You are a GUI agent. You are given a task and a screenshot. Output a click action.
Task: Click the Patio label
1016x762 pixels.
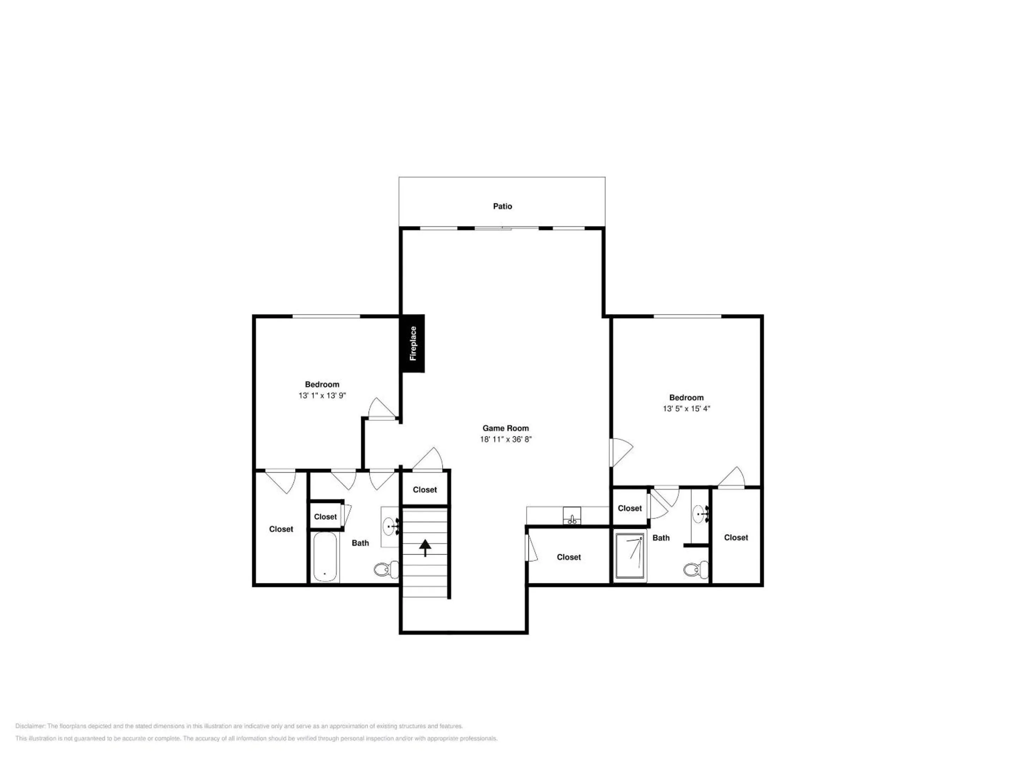click(x=502, y=206)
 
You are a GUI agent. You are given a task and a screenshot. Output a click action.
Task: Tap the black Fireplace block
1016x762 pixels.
click(x=412, y=344)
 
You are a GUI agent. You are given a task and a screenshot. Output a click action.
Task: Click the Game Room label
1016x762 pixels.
click(x=505, y=428)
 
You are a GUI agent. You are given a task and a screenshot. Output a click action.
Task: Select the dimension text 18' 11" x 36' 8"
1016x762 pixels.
click(x=506, y=439)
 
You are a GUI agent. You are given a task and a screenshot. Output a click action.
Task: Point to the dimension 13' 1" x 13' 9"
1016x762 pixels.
click(x=322, y=395)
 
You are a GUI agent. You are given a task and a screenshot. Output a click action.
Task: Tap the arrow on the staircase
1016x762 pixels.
click(x=425, y=548)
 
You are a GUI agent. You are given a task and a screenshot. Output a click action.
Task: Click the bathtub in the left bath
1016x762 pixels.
click(x=326, y=557)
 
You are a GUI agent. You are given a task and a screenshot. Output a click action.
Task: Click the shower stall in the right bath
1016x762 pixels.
click(x=630, y=556)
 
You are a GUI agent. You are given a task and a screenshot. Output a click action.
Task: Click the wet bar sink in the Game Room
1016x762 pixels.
click(x=572, y=515)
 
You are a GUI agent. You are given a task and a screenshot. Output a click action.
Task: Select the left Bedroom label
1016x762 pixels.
click(x=322, y=385)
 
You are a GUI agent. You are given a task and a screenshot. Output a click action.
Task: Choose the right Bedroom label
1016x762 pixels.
click(x=686, y=398)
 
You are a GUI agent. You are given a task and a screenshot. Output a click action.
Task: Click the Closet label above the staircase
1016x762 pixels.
click(x=425, y=490)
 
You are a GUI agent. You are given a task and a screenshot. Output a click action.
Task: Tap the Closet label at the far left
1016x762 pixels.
click(x=281, y=529)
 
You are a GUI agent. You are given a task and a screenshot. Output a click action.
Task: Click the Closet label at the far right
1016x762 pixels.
click(x=736, y=537)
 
